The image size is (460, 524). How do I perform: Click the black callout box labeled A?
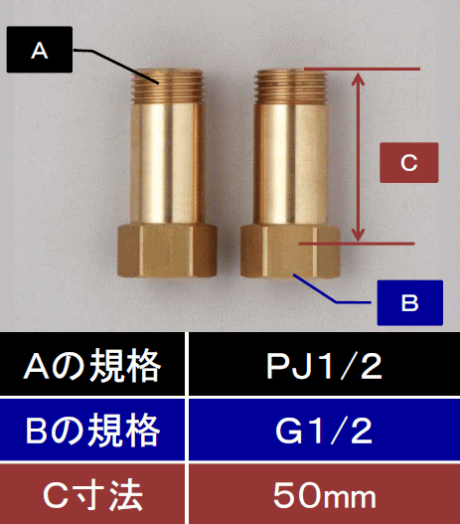coord(40,50)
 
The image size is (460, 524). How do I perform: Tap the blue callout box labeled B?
coord(410,303)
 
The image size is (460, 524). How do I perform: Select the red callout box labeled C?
coord(409,163)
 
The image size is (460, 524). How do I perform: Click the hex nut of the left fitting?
coord(167,251)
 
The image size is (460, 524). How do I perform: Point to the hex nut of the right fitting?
coord(290,252)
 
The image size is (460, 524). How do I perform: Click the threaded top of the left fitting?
coord(167,85)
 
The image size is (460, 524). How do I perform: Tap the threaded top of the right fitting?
coord(290,85)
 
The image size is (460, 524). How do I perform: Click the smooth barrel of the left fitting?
coord(167,163)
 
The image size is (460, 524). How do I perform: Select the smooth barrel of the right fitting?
coord(290,163)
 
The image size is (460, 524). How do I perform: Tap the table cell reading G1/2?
coord(325,430)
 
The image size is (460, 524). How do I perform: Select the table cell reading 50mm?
coord(325,494)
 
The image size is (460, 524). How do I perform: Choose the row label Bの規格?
coord(92,430)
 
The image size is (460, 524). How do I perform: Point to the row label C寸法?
coord(92,494)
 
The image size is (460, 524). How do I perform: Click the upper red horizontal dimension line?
coord(362,70)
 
